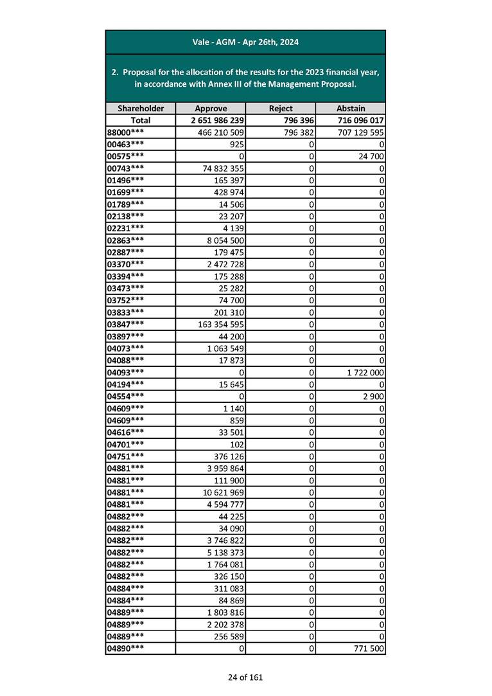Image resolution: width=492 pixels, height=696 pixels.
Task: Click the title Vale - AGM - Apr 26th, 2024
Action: tap(245, 42)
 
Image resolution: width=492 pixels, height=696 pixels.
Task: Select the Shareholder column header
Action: tap(140, 109)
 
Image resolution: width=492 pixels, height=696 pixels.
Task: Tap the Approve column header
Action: tap(211, 109)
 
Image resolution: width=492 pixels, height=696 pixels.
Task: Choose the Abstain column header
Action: tap(351, 109)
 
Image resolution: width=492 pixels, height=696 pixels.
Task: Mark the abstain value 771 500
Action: tap(368, 649)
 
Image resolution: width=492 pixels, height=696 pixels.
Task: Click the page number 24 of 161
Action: tap(245, 677)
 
